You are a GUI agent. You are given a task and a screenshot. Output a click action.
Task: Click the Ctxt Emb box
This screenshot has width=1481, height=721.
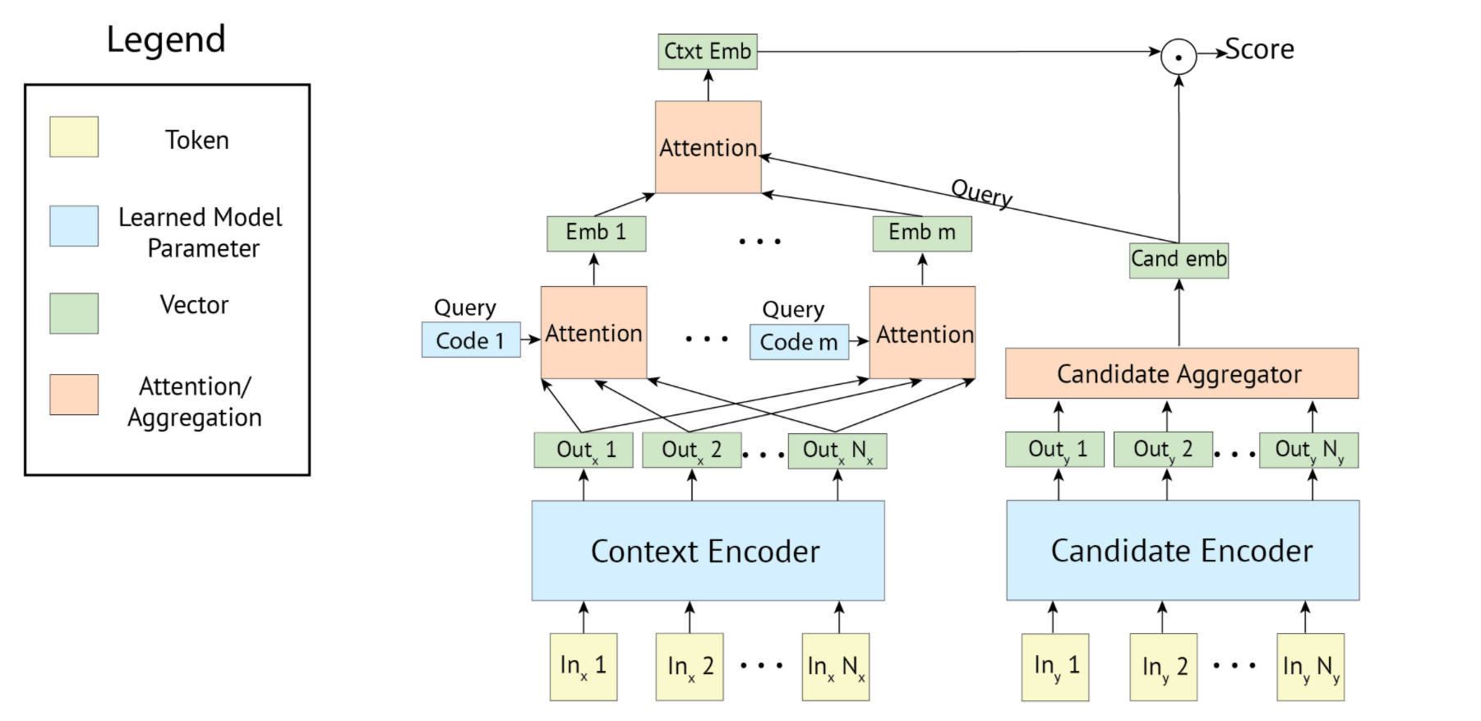[x=708, y=51]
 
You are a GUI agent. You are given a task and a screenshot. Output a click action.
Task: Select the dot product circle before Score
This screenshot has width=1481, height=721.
[x=1179, y=57]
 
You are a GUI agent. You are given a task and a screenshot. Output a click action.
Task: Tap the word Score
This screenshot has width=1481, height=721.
[x=1259, y=49]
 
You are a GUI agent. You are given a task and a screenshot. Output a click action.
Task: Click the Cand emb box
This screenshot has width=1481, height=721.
[x=1179, y=260]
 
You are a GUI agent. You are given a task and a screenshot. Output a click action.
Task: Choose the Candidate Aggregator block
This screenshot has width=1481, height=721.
[x=1182, y=373]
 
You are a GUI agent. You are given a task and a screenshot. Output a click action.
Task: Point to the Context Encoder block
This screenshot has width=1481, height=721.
[x=708, y=550]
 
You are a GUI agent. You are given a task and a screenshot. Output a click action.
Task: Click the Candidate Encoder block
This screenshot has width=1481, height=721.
[x=1183, y=550]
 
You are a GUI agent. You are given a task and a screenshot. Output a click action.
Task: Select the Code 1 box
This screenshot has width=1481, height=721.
[x=471, y=340]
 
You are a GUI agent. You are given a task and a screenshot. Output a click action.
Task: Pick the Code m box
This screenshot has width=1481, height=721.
[x=799, y=342]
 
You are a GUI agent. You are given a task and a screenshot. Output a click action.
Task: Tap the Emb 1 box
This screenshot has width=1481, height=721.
[x=596, y=233]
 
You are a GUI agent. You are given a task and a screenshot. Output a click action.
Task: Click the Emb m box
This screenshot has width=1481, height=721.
[x=922, y=233]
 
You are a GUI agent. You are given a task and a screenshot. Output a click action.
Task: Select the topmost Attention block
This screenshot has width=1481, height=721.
[x=708, y=147]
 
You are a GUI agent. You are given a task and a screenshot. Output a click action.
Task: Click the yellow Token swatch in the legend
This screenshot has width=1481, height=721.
[x=74, y=136]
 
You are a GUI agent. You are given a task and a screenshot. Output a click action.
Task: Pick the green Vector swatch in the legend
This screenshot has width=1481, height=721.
[x=74, y=313]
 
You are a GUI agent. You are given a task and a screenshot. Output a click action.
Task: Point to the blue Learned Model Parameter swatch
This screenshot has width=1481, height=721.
[x=74, y=226]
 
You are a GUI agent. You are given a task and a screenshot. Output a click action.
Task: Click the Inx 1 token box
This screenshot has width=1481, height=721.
[x=584, y=667]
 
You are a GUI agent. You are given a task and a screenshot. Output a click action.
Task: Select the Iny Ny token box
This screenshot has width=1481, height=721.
[x=1311, y=667]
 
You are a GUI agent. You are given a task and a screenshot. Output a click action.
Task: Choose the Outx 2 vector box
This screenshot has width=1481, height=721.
[x=691, y=450]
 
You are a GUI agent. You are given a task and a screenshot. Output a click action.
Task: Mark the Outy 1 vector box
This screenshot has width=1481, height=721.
[x=1054, y=450]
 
